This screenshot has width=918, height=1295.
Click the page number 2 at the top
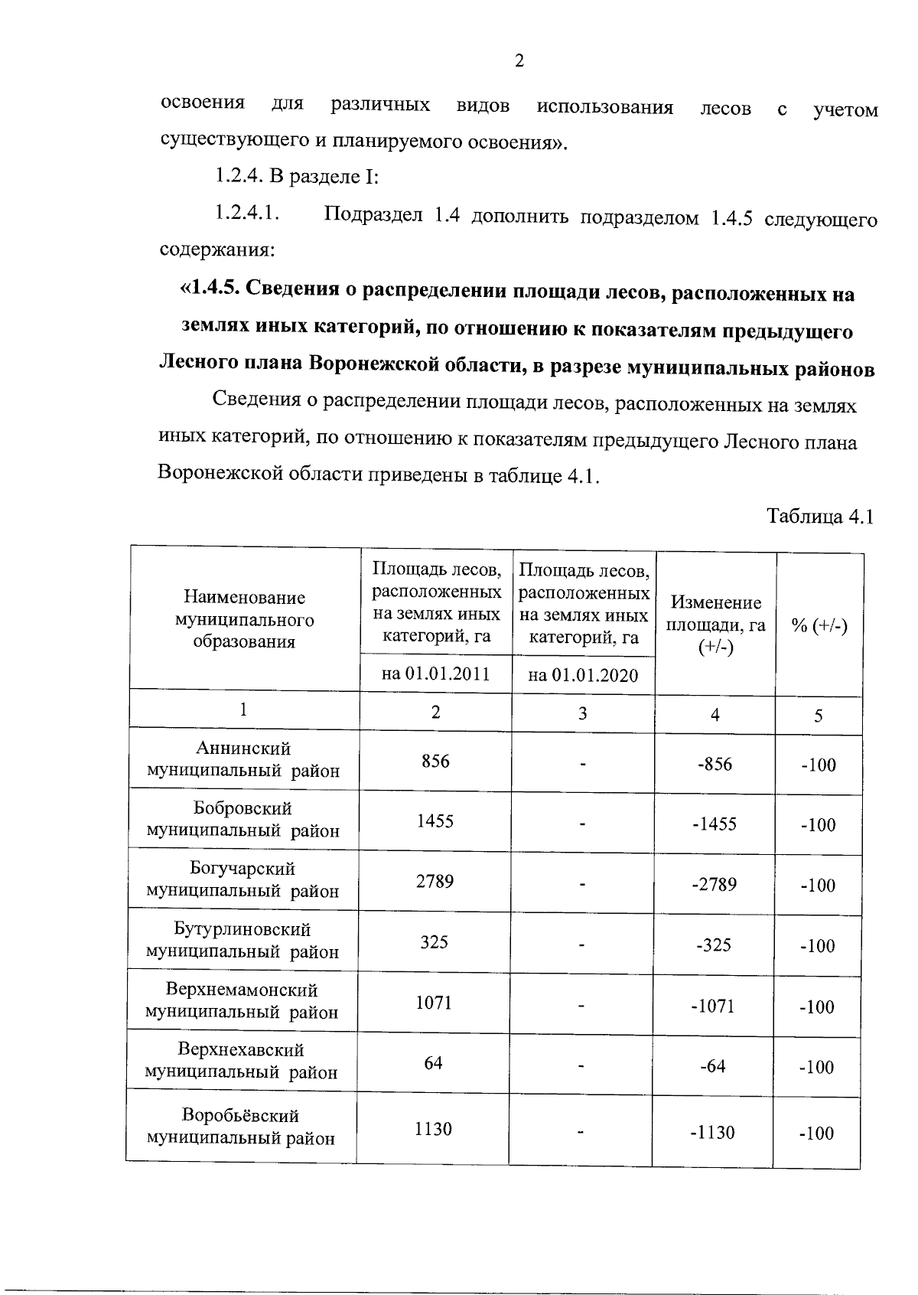point(519,60)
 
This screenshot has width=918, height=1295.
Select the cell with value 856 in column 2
point(435,761)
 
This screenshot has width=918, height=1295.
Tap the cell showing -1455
point(715,824)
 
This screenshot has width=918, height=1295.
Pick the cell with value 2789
point(435,881)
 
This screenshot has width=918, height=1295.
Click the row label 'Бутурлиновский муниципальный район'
point(243,941)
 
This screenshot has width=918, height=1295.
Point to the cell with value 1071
point(434,1002)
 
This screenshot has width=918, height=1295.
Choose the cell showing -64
point(713,1065)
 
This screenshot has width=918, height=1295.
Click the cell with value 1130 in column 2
point(433,1129)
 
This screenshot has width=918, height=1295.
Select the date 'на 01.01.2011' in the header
point(435,674)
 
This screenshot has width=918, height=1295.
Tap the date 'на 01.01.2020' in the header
point(583,675)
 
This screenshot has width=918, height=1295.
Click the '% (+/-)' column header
point(819,625)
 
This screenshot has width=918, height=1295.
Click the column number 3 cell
point(583,713)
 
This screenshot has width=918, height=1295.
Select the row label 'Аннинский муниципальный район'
point(243,759)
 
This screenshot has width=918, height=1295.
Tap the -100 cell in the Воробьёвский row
point(816,1134)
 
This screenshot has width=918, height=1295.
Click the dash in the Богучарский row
point(583,885)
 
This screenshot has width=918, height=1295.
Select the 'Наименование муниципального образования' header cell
point(244,619)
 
